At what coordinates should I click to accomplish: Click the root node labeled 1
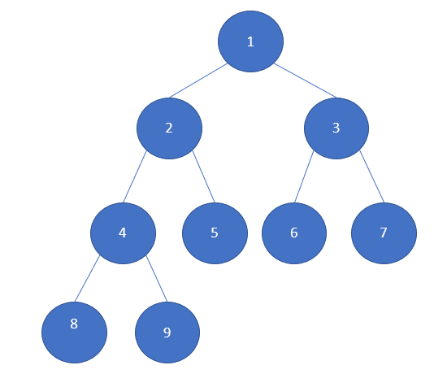pos(250,41)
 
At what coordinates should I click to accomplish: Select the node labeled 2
pos(169,128)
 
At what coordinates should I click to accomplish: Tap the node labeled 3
pos(336,128)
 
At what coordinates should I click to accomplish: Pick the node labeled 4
pos(124,233)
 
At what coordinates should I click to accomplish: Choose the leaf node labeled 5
pos(215,233)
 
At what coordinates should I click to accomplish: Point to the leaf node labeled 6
pos(294,233)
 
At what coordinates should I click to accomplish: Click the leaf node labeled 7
pos(384,233)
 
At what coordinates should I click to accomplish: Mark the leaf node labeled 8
pos(75,333)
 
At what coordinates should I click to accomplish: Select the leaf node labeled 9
pos(167,333)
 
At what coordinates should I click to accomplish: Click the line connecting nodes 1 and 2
pos(198,80)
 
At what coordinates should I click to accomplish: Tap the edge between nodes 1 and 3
pos(306,80)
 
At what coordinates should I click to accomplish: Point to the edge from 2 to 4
pos(135,176)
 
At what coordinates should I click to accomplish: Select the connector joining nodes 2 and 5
pos(203,176)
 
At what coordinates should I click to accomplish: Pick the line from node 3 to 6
pos(304,176)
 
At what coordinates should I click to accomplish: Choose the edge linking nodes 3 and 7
pos(372,176)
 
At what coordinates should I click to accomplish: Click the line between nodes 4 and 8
pos(87,279)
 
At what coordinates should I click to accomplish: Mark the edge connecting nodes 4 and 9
pos(157,279)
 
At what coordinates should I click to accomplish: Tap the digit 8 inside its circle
pos(74,324)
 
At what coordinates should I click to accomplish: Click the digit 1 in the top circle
pos(250,42)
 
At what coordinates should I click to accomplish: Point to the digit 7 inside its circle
pos(384,233)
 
